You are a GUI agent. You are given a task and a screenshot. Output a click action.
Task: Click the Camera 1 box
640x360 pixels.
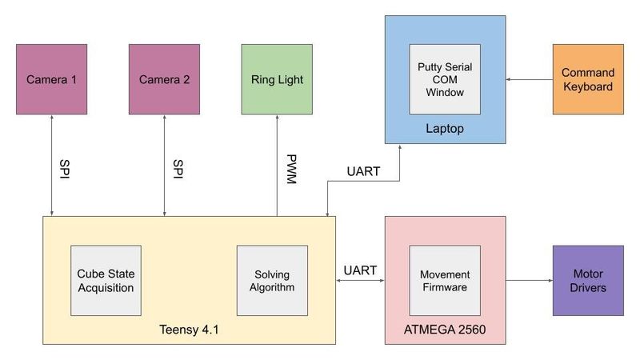tap(51, 80)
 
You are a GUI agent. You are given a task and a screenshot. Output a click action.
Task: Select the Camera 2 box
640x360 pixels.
tap(164, 80)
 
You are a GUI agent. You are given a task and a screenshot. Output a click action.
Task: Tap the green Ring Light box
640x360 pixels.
tap(277, 80)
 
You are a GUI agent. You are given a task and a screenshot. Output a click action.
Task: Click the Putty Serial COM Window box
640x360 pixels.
tap(446, 79)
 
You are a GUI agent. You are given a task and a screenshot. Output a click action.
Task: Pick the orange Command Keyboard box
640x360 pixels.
tap(588, 79)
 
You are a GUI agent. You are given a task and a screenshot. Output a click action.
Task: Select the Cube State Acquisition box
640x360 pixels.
tap(106, 280)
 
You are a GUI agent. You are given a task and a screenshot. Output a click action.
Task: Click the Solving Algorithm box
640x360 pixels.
tap(272, 280)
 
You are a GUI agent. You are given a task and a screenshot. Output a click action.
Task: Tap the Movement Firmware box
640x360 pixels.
tap(445, 280)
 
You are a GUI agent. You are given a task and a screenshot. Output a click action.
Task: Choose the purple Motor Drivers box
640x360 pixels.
tap(588, 280)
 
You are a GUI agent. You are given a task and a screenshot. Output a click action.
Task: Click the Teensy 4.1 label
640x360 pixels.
tap(188, 330)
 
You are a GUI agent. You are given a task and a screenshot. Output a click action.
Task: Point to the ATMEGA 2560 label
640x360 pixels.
tap(445, 330)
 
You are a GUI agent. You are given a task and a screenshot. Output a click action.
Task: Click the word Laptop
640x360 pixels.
tap(445, 128)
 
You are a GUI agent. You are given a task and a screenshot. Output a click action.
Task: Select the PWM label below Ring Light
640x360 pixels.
tap(290, 170)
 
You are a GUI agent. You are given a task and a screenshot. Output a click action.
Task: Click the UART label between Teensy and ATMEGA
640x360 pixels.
tap(360, 270)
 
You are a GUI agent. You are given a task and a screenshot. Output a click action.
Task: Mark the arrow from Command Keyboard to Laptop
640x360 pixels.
tap(529, 79)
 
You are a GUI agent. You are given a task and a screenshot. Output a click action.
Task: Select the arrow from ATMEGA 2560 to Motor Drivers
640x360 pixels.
tap(529, 280)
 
